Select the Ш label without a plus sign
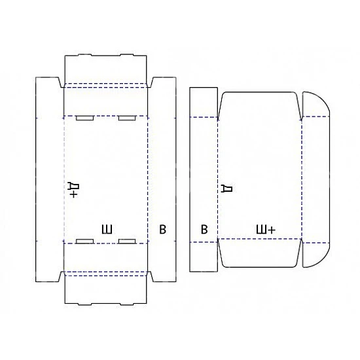[x=107, y=229]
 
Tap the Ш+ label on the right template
[x=265, y=229]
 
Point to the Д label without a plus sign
[x=226, y=189]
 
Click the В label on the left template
[x=162, y=229]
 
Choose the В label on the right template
[x=204, y=229]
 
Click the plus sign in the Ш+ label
[x=271, y=230]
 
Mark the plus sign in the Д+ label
[x=73, y=194]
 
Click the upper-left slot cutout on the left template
[x=85, y=118]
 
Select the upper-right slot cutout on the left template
[x=127, y=118]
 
